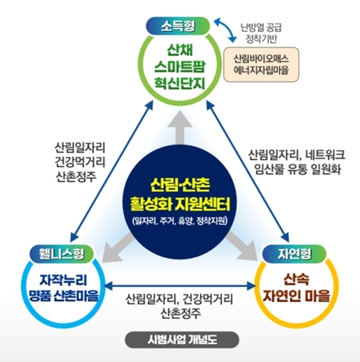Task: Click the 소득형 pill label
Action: click(178, 26)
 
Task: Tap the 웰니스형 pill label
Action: click(62, 254)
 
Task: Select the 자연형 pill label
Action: click(295, 254)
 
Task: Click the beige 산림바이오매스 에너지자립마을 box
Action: click(261, 65)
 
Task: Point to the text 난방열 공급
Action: click(261, 27)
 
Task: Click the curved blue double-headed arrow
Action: click(225, 30)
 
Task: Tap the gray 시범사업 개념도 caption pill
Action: click(182, 339)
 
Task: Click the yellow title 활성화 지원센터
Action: click(181, 204)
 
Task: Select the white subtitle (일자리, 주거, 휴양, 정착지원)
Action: click(180, 221)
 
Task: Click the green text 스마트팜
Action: click(180, 66)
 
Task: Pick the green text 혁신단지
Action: click(180, 83)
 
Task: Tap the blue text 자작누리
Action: click(63, 280)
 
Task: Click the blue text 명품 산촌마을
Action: click(64, 295)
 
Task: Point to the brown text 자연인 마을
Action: click(296, 296)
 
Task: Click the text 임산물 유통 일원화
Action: click(298, 169)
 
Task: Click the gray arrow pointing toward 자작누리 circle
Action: click(118, 248)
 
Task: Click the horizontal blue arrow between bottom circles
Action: click(180, 286)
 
